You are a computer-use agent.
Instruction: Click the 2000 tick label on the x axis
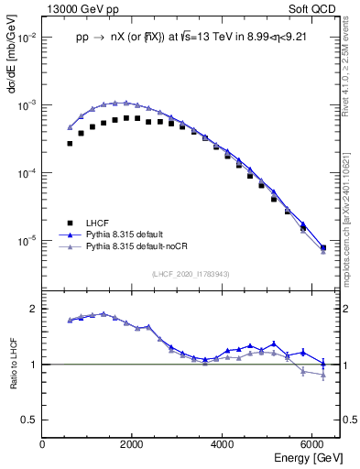click(132, 444)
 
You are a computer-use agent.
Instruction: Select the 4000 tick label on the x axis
click(223, 444)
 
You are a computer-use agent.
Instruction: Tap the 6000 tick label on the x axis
click(312, 444)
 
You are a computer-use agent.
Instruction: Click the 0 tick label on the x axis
click(43, 444)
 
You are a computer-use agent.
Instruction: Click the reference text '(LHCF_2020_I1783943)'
click(191, 273)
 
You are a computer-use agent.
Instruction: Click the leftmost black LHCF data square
click(70, 144)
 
